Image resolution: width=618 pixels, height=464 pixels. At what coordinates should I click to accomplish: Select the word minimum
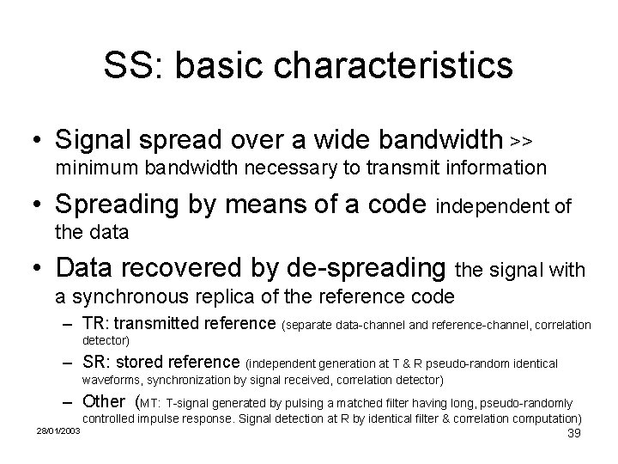click(x=91, y=168)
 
